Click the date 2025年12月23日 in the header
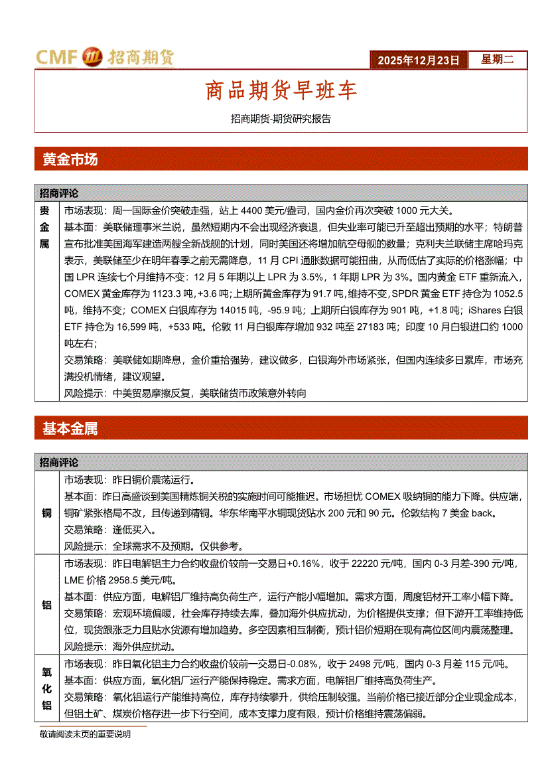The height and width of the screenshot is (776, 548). pyautogui.click(x=419, y=60)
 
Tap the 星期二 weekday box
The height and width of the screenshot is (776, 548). pyautogui.click(x=497, y=60)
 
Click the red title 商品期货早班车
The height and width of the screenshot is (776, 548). pyautogui.click(x=281, y=91)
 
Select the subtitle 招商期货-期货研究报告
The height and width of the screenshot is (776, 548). pyautogui.click(x=281, y=119)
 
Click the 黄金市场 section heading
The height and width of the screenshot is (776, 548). pyautogui.click(x=70, y=159)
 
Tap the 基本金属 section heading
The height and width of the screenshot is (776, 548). pyautogui.click(x=70, y=429)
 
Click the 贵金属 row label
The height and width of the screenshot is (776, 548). pyautogui.click(x=44, y=227)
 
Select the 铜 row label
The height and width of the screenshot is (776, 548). pyautogui.click(x=46, y=513)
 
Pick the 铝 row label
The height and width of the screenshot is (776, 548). pyautogui.click(x=46, y=605)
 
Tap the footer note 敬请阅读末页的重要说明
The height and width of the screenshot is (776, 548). pyautogui.click(x=85, y=734)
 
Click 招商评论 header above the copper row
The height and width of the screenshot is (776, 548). pyautogui.click(x=58, y=462)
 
